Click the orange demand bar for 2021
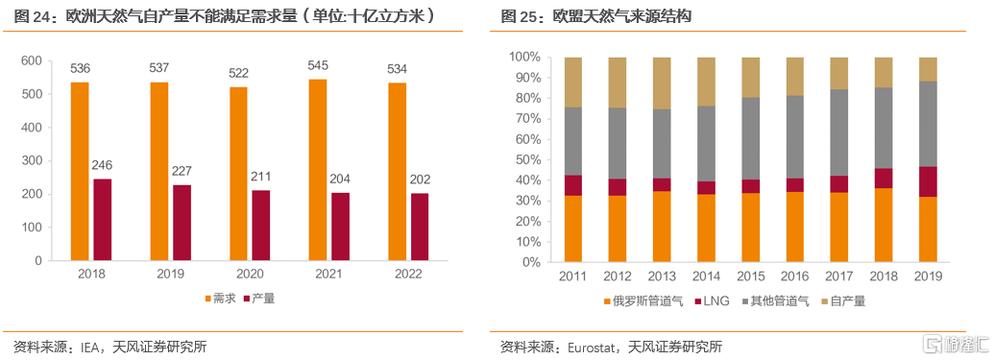[318, 170]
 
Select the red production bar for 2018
[102, 220]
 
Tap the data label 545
[318, 66]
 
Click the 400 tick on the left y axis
[31, 128]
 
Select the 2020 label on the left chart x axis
[251, 274]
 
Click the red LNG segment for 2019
[929, 181]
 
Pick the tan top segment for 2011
[573, 82]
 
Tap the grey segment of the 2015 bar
[751, 138]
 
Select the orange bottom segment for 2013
[662, 227]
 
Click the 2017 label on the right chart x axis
[839, 276]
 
